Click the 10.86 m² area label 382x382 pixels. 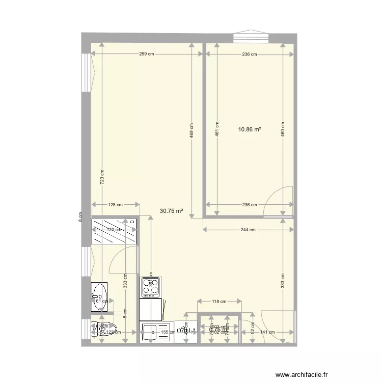pos(250,129)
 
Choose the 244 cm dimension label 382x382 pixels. pos(248,230)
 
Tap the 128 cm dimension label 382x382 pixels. pos(116,205)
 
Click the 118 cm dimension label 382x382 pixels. pos(219,302)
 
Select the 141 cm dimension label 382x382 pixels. pos(267,332)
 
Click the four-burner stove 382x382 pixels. pos(150,287)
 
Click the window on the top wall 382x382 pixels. pos(252,38)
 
